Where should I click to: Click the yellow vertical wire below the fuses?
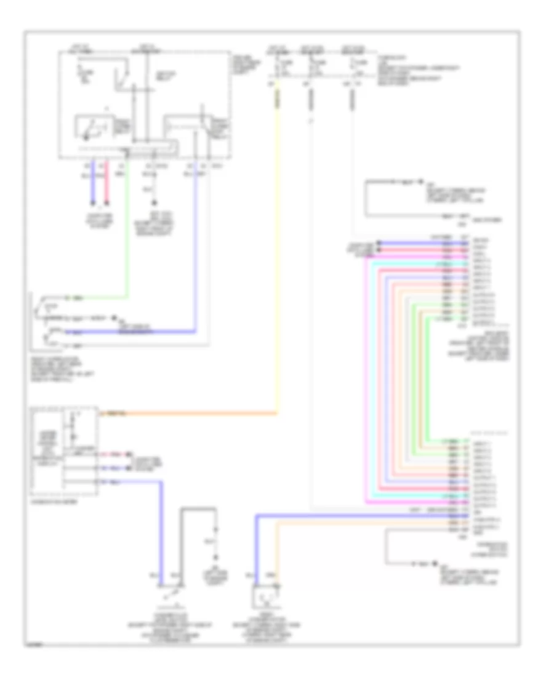276,246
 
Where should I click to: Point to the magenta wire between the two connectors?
368,369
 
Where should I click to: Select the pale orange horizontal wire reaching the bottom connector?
363,523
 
